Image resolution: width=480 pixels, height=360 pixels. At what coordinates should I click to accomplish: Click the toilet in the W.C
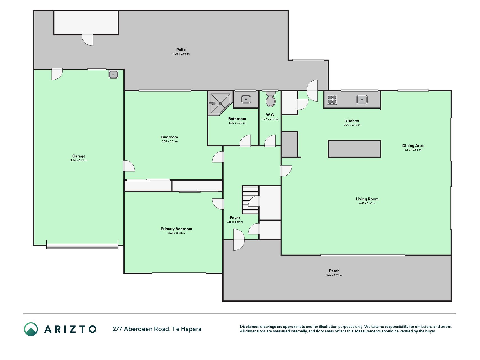point(271,99)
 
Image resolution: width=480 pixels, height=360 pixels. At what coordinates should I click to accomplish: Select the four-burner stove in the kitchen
point(332,100)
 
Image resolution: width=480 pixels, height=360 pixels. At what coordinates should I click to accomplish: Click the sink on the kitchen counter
point(362,99)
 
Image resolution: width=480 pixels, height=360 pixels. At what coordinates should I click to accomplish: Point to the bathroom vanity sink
point(246,99)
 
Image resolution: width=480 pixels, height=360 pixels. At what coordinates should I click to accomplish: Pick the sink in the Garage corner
point(113,74)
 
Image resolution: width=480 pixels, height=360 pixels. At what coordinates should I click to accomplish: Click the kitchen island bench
point(354,149)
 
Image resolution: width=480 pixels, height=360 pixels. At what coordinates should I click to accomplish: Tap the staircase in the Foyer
point(250,200)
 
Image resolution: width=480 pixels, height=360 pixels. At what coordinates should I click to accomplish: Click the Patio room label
point(181,49)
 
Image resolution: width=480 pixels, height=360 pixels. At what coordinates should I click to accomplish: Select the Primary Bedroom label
point(176,229)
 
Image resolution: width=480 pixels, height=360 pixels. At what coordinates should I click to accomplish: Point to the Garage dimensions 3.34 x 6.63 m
point(79,160)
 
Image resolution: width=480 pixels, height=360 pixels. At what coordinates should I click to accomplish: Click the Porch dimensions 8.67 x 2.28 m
point(334,275)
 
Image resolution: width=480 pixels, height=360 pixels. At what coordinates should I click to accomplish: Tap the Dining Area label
point(413,145)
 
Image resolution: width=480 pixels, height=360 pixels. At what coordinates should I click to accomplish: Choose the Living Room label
point(367,199)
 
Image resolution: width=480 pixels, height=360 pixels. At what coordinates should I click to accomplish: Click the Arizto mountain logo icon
point(31,329)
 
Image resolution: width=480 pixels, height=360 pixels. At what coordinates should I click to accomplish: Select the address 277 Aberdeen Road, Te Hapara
point(157,329)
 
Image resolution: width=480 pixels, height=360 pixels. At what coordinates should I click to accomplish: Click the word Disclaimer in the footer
point(249,327)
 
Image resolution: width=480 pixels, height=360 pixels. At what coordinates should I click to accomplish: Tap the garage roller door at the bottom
point(82,246)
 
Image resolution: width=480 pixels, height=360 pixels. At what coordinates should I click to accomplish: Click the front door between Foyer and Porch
point(239,240)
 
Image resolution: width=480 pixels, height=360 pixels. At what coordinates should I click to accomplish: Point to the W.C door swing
point(270,141)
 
